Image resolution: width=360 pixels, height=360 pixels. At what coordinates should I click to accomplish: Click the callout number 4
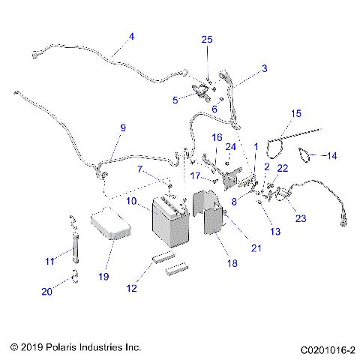tap(132, 36)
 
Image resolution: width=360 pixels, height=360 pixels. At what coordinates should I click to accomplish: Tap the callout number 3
tap(264, 69)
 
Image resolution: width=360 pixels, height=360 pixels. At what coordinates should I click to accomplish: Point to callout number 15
tap(296, 113)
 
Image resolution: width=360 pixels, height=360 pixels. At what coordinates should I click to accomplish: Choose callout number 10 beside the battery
tap(130, 202)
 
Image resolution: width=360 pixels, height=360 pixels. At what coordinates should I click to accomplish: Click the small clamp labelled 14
tap(306, 155)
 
